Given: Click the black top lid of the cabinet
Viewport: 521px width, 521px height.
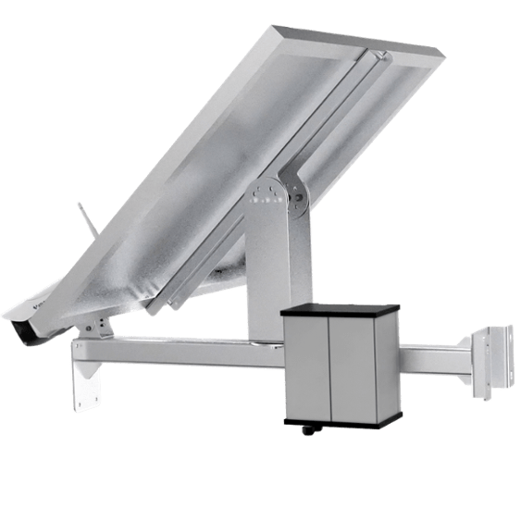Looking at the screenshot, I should coord(340,309).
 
